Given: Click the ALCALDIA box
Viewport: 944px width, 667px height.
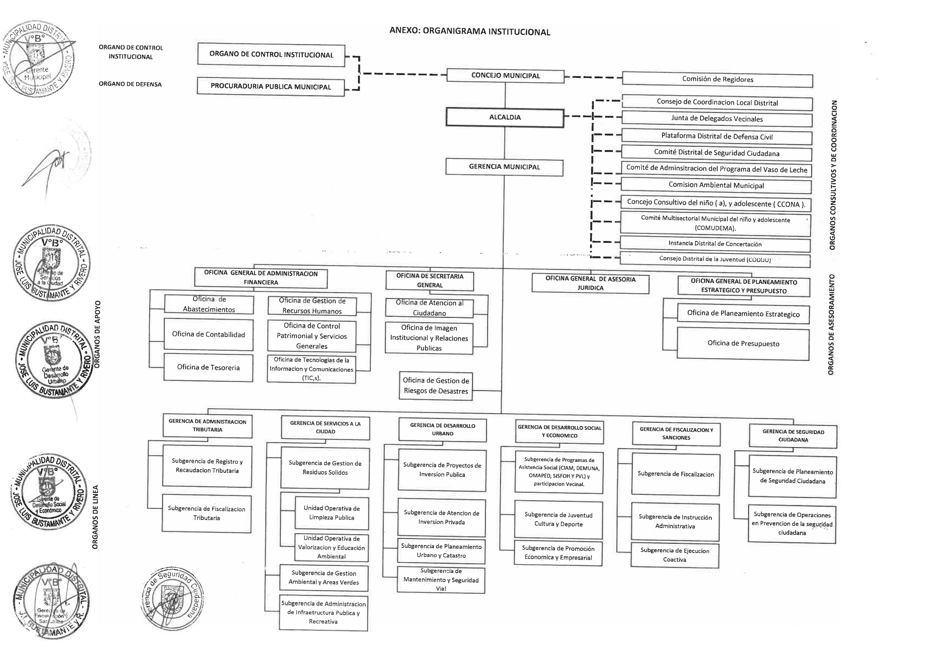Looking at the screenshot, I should coord(505,118).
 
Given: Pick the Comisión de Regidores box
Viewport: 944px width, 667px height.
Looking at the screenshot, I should coord(717,79).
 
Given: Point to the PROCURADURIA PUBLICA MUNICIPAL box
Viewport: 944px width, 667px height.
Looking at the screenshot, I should coord(270,87).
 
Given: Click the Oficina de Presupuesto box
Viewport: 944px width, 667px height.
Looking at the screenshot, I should coord(743,343).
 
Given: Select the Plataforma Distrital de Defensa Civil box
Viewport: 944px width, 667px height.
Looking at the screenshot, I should coord(717,136).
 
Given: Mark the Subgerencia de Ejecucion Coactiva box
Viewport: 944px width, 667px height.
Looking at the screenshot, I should coord(675,555).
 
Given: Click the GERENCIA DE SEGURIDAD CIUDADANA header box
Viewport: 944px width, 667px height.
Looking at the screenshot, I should coord(793,436).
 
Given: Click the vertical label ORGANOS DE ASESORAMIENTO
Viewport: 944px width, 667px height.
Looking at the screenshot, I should coord(830,325).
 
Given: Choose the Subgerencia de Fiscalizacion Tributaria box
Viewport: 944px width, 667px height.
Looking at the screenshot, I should coord(206,513).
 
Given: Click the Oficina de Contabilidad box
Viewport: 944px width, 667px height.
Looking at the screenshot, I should coord(209,335).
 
